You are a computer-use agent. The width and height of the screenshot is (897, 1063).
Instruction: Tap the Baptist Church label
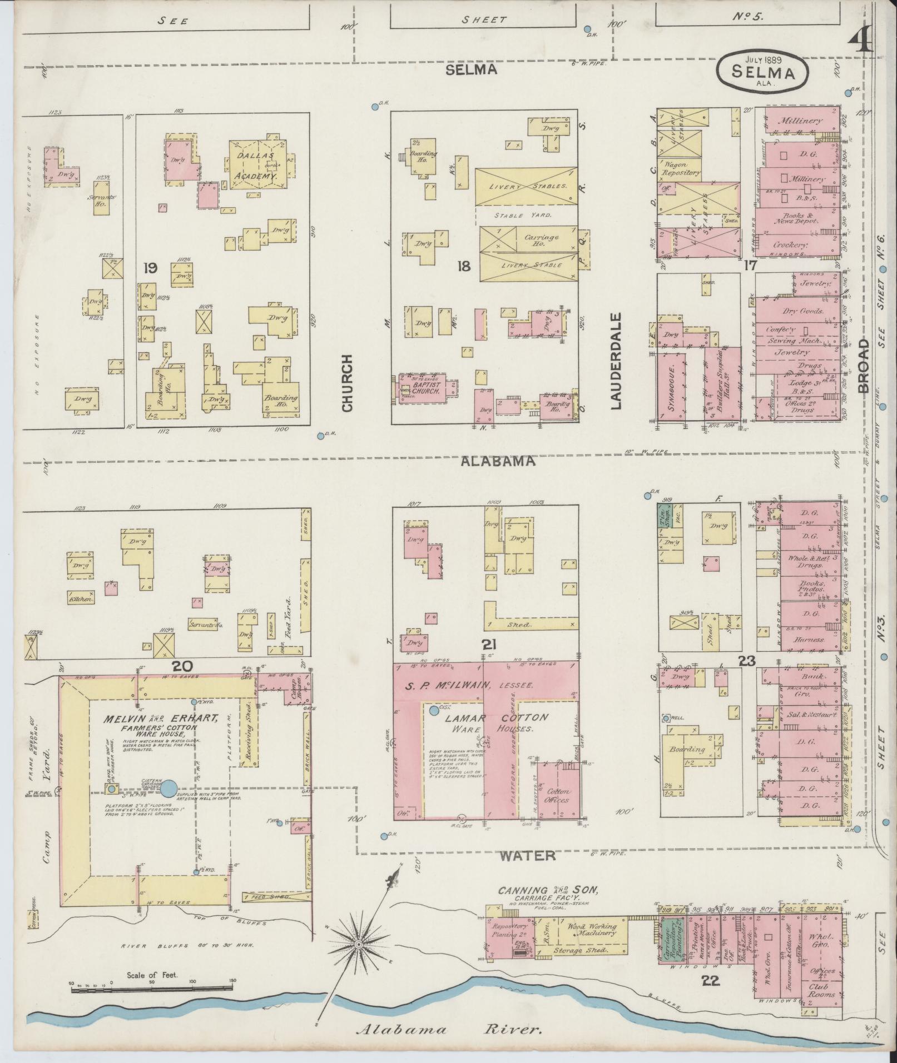(x=426, y=387)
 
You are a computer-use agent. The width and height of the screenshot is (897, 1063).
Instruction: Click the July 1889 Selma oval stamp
(x=762, y=71)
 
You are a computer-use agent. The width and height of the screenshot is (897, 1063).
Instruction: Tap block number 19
(x=150, y=268)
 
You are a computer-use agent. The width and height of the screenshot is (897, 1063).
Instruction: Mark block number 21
(x=489, y=644)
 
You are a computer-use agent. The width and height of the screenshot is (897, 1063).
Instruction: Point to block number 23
(x=746, y=661)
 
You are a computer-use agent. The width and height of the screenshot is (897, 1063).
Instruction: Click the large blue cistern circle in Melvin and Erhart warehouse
(x=170, y=787)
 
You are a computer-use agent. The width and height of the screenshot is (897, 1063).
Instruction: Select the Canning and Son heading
(x=548, y=890)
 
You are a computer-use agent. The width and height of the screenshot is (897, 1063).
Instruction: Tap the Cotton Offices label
(x=558, y=795)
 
